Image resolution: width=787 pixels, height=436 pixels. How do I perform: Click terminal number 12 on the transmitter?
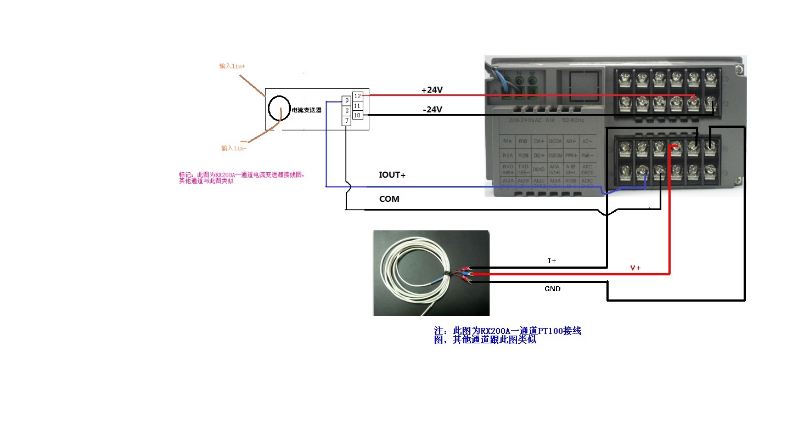pos(357,96)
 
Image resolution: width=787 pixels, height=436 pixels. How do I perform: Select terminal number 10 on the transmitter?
pos(357,115)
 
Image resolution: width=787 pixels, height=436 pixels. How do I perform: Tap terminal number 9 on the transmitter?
pos(346,101)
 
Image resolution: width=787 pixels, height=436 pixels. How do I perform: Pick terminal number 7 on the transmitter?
pos(346,121)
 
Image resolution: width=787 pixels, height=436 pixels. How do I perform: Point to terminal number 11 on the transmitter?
pos(357,106)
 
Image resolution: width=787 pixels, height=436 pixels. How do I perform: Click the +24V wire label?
pos(432,90)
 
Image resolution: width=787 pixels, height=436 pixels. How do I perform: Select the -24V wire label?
pos(432,110)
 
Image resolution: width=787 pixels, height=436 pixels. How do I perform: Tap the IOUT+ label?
pos(392,175)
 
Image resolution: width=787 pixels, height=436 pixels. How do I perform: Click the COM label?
pos(389,199)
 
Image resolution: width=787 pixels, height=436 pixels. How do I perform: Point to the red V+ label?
pos(636,268)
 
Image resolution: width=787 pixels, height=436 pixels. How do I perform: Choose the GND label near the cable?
pos(552,289)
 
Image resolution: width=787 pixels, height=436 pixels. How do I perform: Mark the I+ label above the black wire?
pos(552,262)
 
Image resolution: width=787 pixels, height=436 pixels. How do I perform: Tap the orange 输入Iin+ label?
pos(232,66)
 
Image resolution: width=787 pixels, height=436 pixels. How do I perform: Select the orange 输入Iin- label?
pos(234,148)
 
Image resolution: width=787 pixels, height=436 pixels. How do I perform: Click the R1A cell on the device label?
pos(507,141)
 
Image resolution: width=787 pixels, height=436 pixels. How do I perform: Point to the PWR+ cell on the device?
pos(571,155)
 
